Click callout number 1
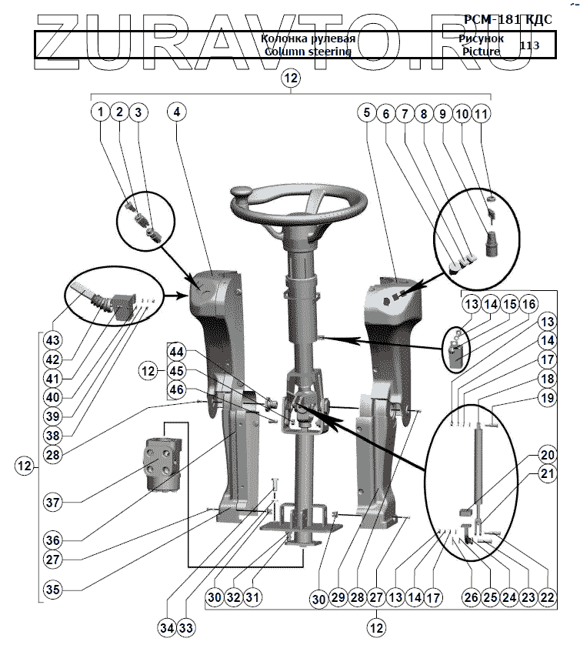point(100,112)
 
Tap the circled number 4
point(177,112)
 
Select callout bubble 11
point(482,113)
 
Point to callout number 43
point(53,340)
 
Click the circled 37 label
point(53,503)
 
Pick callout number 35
point(53,590)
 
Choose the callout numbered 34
point(168,628)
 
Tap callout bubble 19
point(547,399)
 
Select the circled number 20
point(547,454)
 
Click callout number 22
point(547,596)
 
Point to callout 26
point(470,596)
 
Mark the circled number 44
point(178,352)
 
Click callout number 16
point(528,304)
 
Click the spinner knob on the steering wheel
point(243,192)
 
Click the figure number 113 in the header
point(529,45)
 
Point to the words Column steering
point(308,52)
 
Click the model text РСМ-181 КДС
point(508,19)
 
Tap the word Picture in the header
point(482,52)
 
